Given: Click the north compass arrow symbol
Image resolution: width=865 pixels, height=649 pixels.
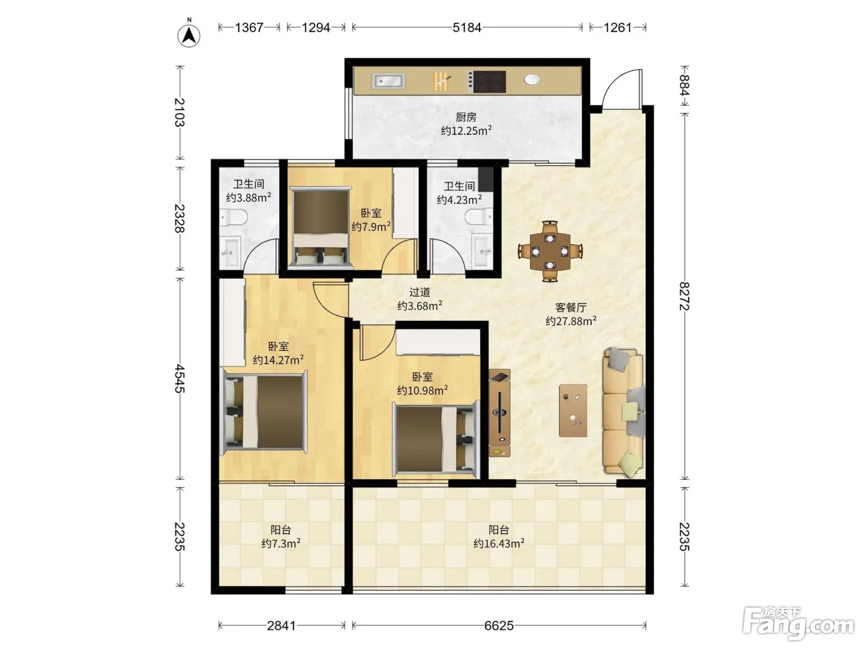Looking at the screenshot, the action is click(x=189, y=35).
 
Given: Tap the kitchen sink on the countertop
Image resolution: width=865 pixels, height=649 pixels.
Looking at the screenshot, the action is click(x=388, y=81).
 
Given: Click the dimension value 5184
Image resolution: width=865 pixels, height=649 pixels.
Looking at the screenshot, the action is click(x=467, y=28).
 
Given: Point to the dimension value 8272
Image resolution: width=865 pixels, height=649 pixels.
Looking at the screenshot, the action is click(x=685, y=296).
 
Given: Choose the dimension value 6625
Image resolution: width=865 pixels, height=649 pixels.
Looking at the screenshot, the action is click(x=499, y=626).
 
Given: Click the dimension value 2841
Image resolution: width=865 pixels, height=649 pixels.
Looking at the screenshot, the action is click(x=281, y=626).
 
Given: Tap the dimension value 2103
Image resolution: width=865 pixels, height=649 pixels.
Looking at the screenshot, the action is click(x=180, y=112).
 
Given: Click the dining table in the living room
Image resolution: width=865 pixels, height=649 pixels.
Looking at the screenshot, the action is click(x=550, y=251).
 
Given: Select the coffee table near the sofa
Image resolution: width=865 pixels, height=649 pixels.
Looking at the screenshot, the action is click(x=573, y=410).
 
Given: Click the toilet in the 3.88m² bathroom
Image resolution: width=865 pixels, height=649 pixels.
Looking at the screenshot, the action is click(x=234, y=217).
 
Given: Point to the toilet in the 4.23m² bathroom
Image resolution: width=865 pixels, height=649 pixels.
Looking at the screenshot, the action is click(x=479, y=217).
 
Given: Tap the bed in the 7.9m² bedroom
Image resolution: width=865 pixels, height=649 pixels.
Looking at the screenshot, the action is click(x=321, y=227).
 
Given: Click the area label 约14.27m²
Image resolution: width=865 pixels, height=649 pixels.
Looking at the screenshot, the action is click(x=278, y=360).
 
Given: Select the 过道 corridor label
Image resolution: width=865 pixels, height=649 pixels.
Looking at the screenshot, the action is click(x=420, y=292).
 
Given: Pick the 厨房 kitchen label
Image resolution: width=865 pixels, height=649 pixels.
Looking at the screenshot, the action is click(x=466, y=117).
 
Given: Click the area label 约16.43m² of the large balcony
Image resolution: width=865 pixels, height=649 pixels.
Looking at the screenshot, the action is click(x=499, y=543).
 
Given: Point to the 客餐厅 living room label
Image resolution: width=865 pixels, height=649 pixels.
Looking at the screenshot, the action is click(x=571, y=307).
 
